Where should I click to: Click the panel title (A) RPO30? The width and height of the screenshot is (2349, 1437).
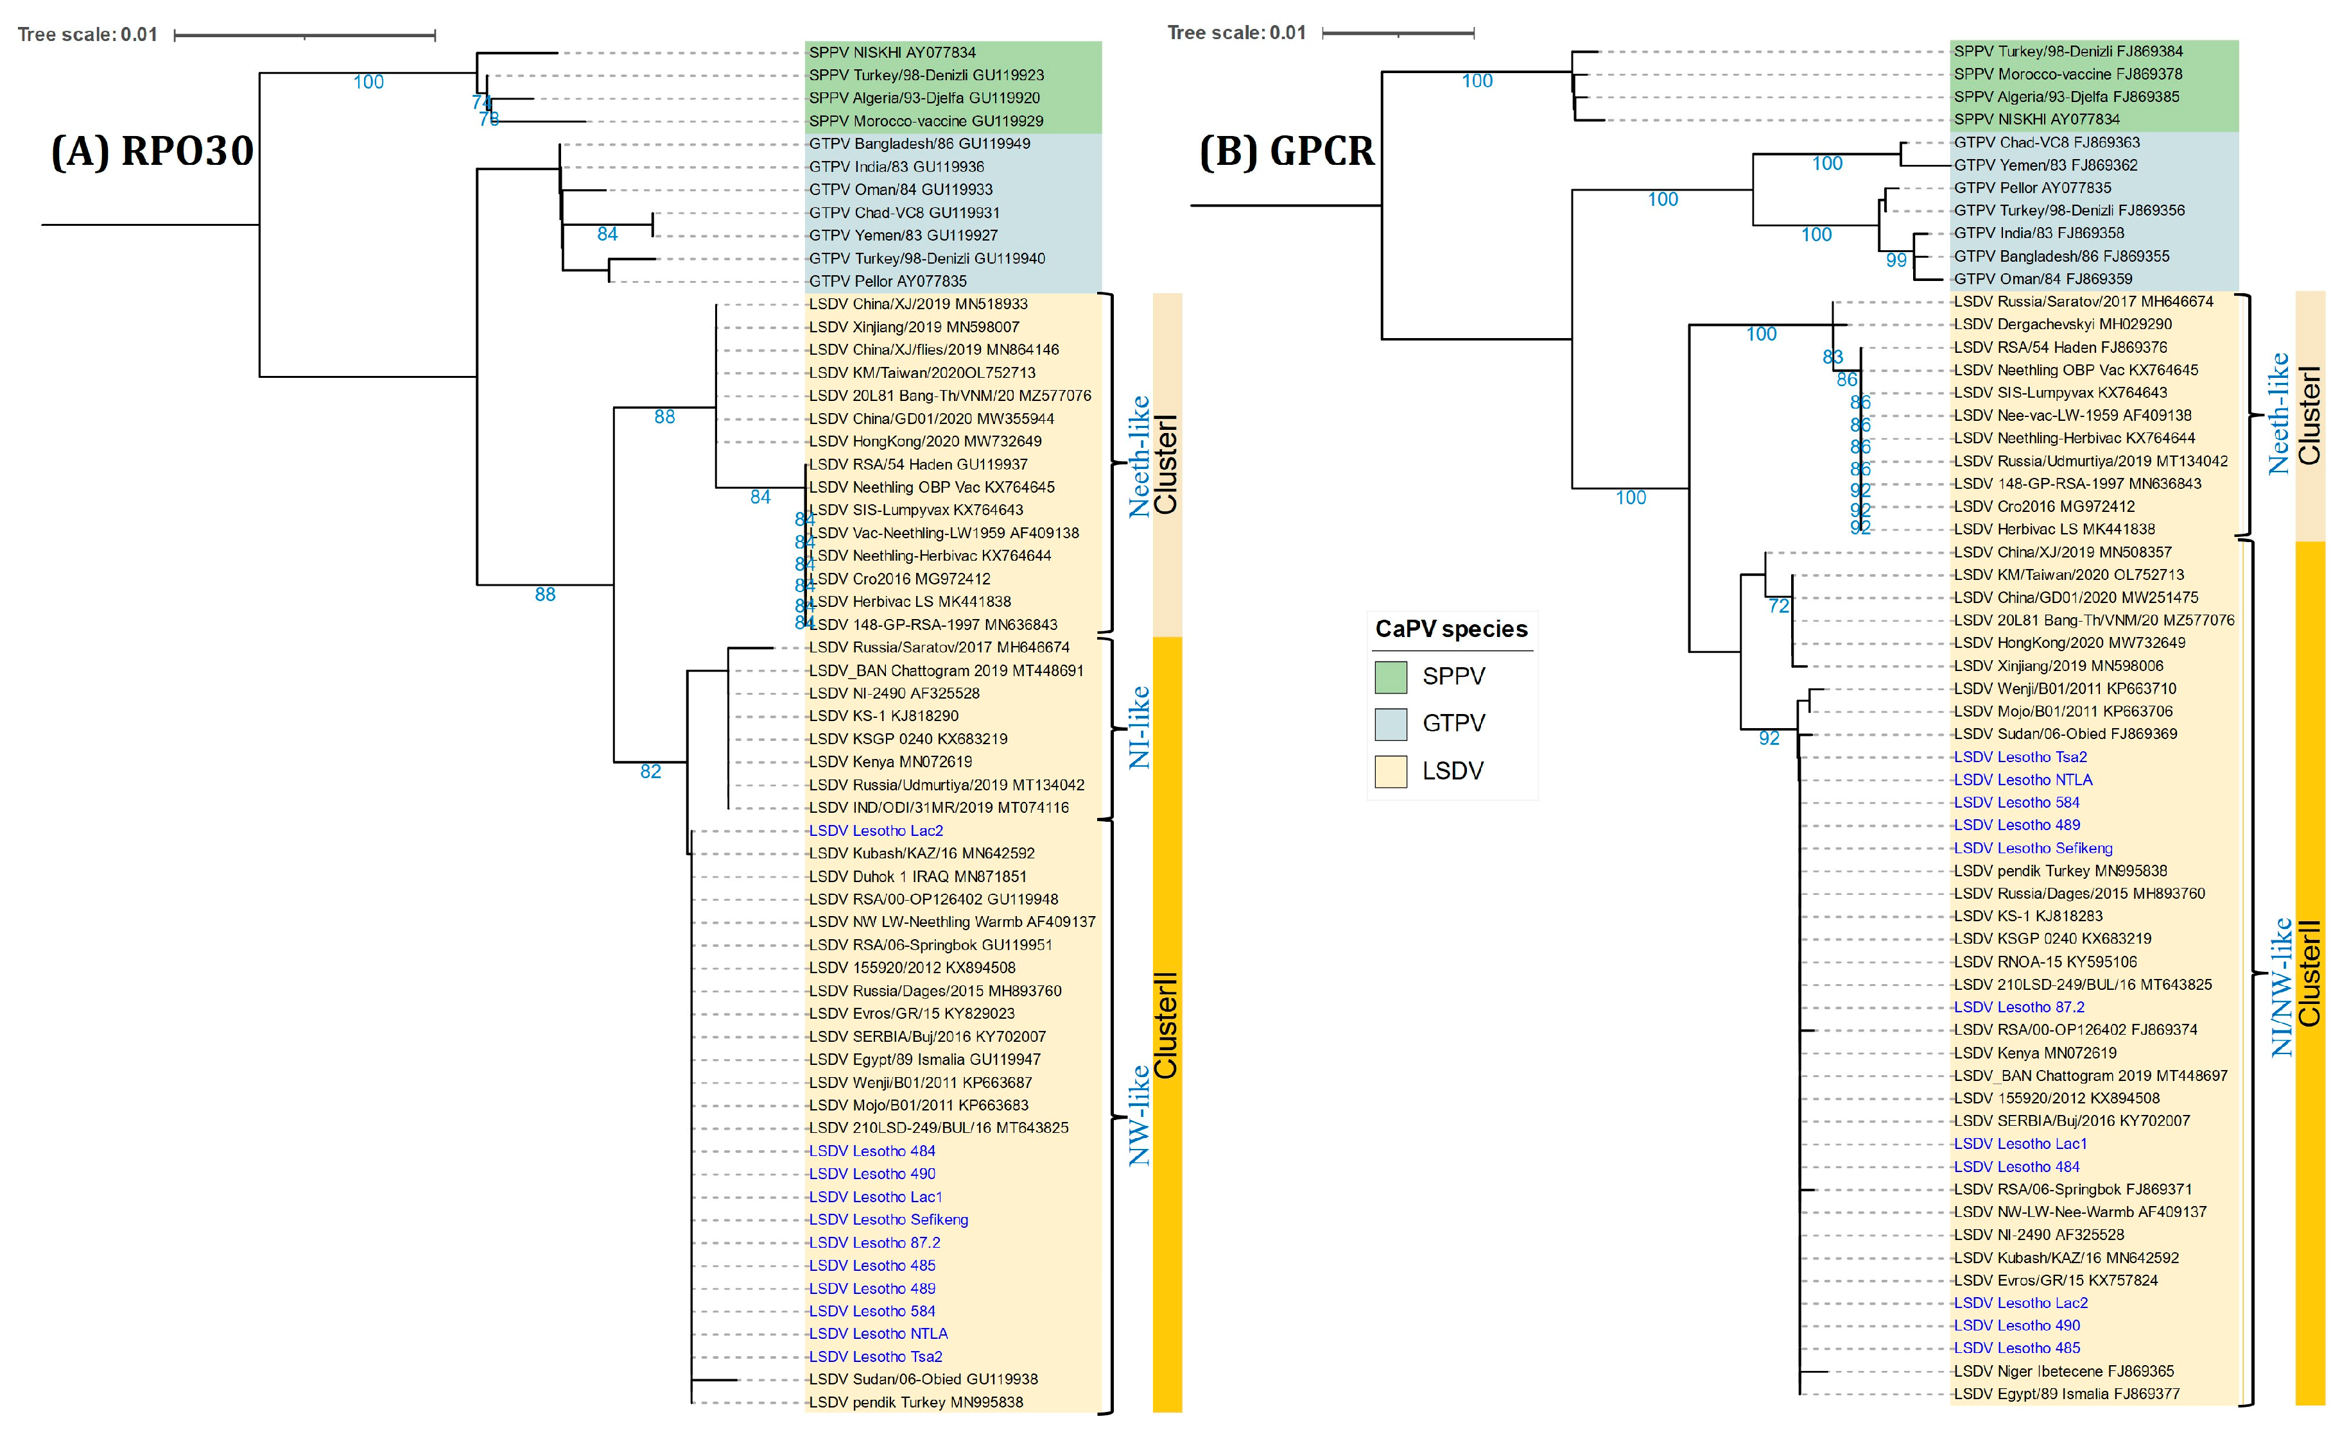click(x=153, y=151)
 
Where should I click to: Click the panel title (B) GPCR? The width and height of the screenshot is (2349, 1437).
click(x=1287, y=151)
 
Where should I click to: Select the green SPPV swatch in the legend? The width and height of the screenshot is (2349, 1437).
click(x=1391, y=677)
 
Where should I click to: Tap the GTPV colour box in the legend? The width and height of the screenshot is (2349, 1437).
click(x=1391, y=724)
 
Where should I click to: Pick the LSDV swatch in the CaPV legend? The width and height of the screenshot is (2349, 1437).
click(x=1391, y=771)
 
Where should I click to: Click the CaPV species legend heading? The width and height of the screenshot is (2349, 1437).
click(x=1451, y=629)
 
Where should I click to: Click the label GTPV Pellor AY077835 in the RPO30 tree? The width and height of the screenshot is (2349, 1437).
click(x=888, y=281)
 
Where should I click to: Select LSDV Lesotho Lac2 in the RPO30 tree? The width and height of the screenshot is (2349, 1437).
click(x=876, y=831)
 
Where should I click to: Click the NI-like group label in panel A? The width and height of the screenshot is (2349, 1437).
click(x=1140, y=727)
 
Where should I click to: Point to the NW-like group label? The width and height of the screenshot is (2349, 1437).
click(x=1140, y=1115)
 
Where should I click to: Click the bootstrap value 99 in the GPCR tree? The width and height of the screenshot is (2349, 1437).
click(x=1896, y=260)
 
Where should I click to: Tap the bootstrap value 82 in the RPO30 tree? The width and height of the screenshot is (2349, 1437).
click(x=650, y=772)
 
